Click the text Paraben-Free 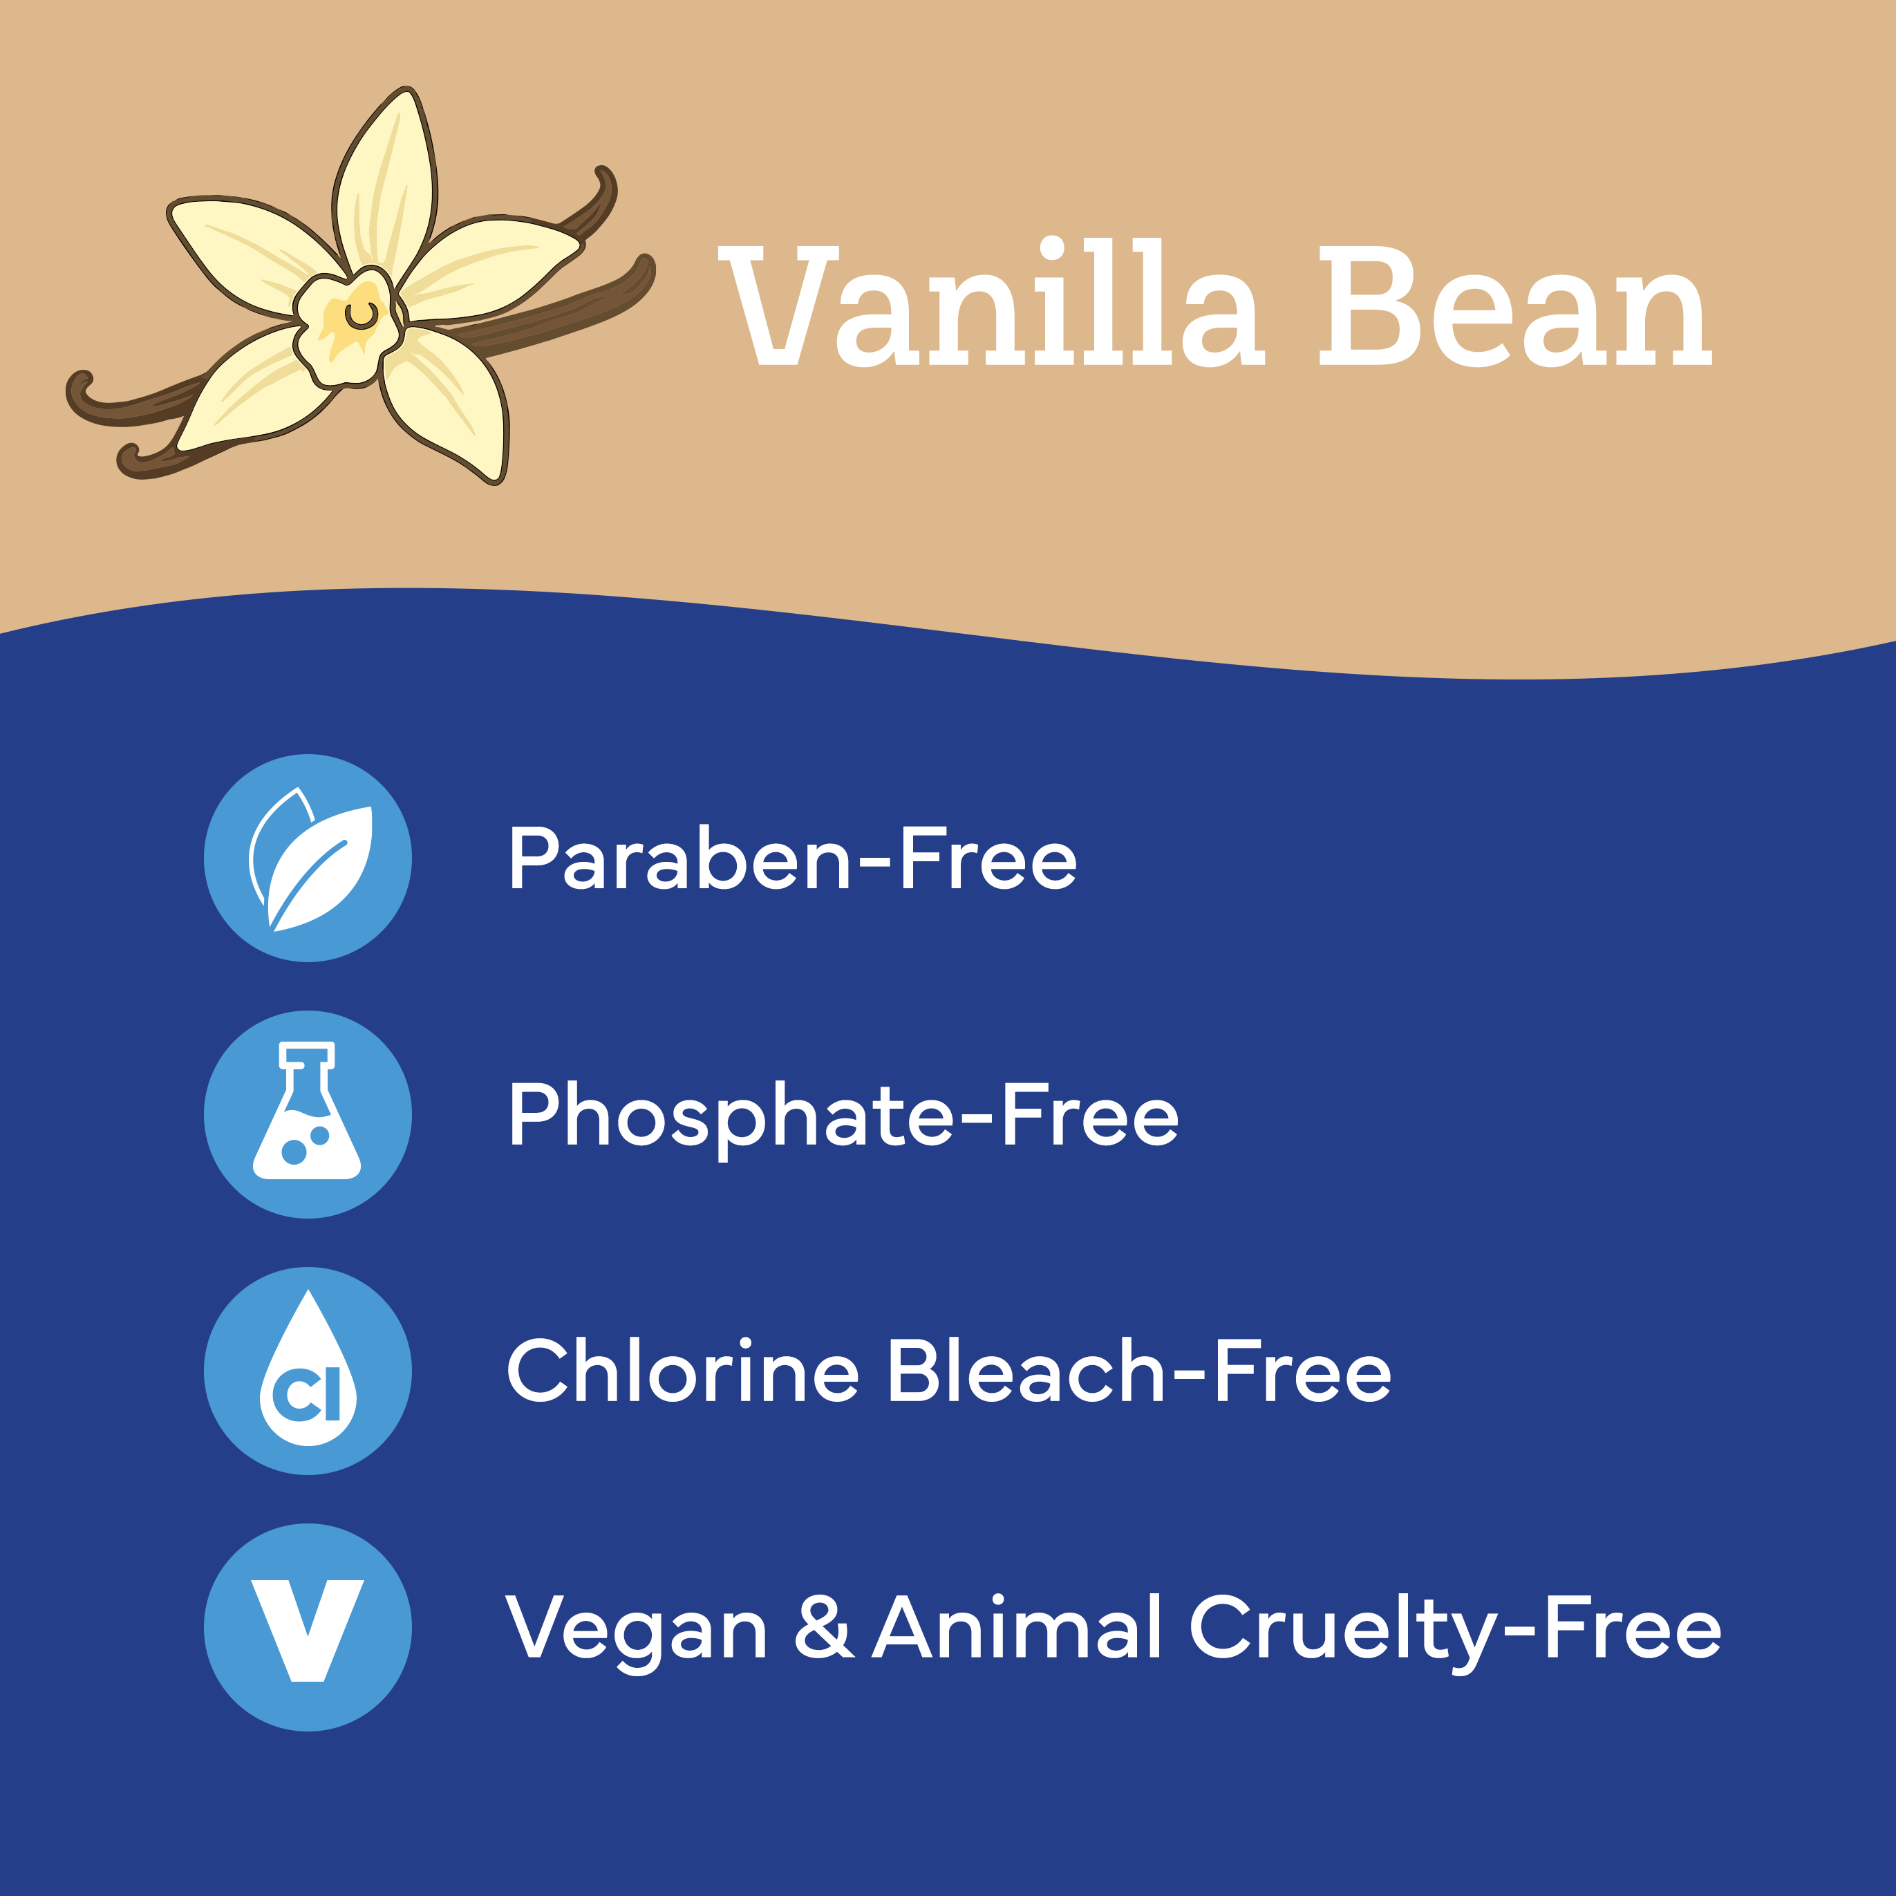pos(793,858)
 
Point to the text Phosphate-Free pos(844,1117)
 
